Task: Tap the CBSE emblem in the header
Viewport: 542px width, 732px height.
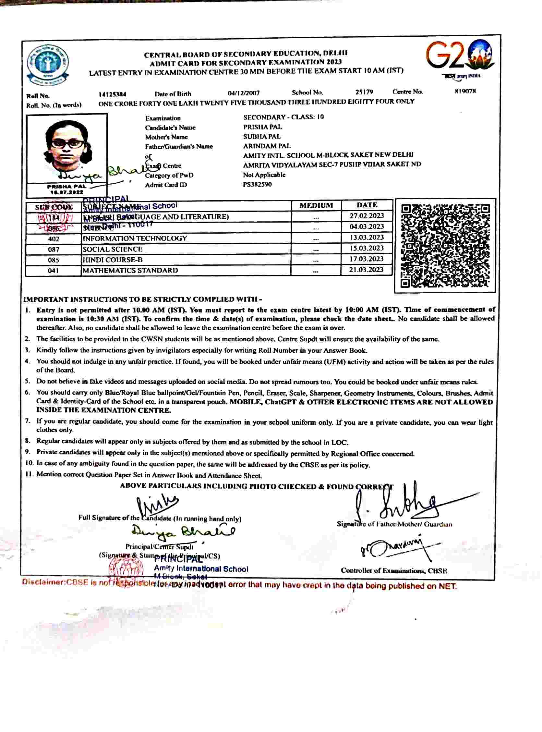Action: click(x=48, y=65)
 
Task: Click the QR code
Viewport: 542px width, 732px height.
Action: click(x=445, y=245)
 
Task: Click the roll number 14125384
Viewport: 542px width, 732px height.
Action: click(x=113, y=94)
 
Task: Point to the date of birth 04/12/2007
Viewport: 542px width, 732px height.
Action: click(x=244, y=93)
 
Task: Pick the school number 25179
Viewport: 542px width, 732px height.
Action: click(x=364, y=92)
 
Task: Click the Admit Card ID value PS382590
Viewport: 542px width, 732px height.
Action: click(x=257, y=184)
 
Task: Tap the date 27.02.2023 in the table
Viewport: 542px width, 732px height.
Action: click(x=367, y=216)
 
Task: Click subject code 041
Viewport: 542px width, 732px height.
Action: click(x=53, y=271)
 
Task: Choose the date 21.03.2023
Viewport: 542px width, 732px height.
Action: click(x=367, y=270)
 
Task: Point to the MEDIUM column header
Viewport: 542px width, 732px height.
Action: click(x=316, y=205)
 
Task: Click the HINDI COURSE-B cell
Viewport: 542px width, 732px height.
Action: click(x=113, y=260)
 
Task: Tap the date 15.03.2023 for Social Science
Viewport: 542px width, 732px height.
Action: click(x=367, y=248)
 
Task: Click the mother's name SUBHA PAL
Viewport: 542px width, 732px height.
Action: click(x=262, y=137)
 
